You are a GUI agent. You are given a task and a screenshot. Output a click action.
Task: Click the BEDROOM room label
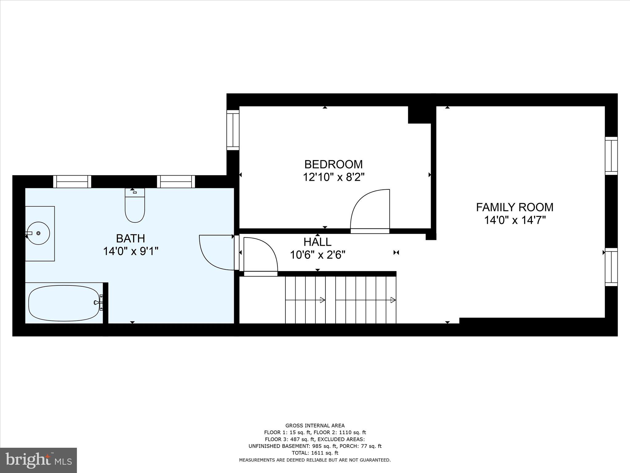pos(333,164)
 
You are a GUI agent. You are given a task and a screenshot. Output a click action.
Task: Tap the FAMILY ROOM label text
pos(515,207)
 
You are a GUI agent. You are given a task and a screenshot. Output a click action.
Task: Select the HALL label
pos(317,242)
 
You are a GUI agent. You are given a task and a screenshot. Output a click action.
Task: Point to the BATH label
pos(130,238)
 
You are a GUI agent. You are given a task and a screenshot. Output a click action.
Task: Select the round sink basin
pos(38,233)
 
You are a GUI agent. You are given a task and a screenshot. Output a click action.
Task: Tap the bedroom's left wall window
pos(233,130)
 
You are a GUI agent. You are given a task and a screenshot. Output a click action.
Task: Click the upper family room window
pos(611,156)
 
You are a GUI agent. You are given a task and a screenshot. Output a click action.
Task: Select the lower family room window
pos(611,267)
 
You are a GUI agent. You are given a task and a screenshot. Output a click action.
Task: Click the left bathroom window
pos(72,181)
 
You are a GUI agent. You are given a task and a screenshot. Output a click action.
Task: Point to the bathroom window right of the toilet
pos(176,181)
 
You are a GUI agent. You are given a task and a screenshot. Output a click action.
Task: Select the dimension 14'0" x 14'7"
pos(515,220)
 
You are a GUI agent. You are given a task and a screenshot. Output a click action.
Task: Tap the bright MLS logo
pos(38,460)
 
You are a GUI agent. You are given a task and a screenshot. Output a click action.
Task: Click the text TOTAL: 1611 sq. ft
pos(315,453)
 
